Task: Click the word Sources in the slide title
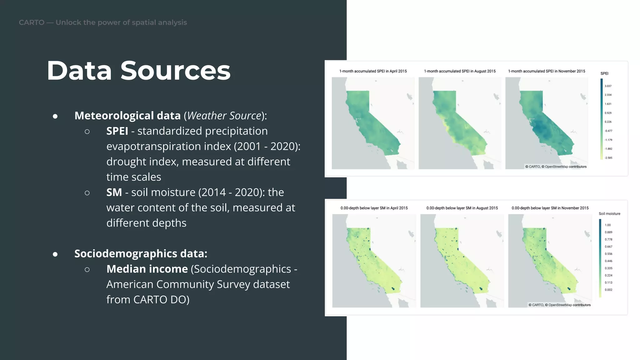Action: tap(175, 71)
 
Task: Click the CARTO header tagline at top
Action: tap(103, 22)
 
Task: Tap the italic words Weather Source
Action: tap(224, 116)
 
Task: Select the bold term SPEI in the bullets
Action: tap(117, 131)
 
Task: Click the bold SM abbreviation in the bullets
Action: tap(114, 192)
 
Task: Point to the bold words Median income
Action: tap(147, 269)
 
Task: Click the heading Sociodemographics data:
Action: tap(141, 253)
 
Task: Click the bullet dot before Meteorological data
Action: tap(55, 116)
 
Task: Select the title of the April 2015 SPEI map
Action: tap(373, 71)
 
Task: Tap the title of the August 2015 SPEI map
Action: tap(460, 71)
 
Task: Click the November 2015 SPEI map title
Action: tap(547, 71)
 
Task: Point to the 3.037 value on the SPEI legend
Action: tap(608, 86)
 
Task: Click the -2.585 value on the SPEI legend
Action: tap(608, 158)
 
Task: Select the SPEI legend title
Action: tap(604, 73)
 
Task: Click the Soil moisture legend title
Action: tap(609, 214)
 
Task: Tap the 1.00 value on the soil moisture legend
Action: tap(607, 225)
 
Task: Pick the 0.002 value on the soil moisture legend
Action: tap(608, 290)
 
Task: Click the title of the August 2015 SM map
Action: tap(462, 208)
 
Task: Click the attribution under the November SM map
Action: tap(559, 305)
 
